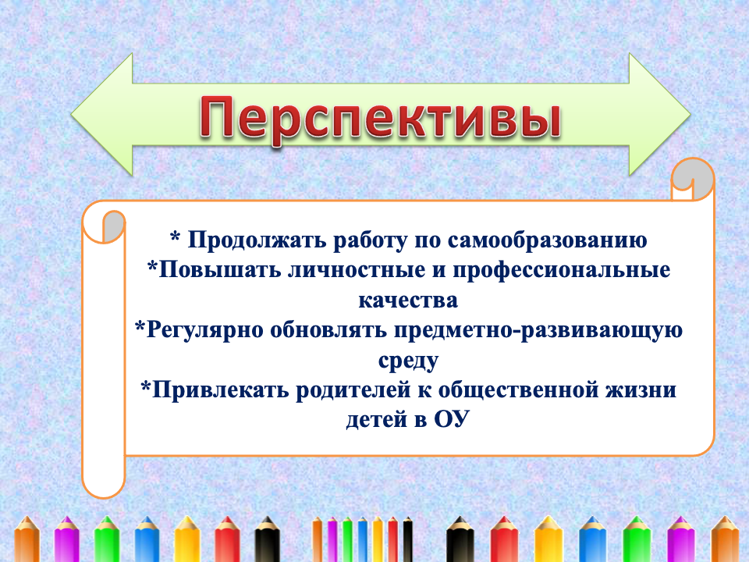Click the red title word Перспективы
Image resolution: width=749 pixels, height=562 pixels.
(x=380, y=118)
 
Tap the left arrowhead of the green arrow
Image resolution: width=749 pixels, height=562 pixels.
(x=102, y=114)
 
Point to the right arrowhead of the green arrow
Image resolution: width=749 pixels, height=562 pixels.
(x=660, y=114)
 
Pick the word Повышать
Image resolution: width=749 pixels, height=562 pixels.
(x=220, y=270)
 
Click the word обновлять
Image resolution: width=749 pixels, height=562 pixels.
(x=328, y=329)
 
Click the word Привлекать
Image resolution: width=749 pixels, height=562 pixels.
(x=221, y=390)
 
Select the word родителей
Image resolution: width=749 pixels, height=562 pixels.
(x=353, y=390)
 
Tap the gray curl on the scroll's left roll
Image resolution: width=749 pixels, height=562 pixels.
(x=113, y=226)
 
